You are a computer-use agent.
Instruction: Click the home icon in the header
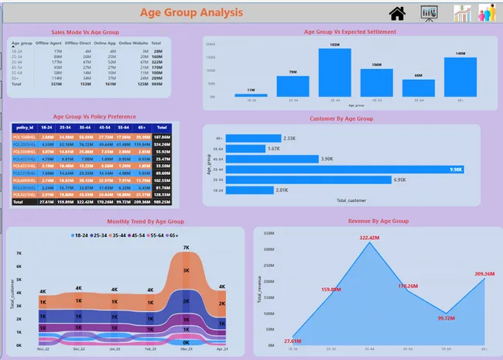(398, 12)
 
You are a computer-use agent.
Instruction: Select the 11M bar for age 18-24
(251, 95)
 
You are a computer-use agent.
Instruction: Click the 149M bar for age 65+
(460, 77)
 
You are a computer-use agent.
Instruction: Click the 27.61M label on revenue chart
(293, 341)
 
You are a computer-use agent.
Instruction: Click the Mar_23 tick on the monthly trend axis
(186, 349)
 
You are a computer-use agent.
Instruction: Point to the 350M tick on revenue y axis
(269, 231)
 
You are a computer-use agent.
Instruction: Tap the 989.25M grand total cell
(162, 201)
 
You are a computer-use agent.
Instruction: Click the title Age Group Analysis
(191, 12)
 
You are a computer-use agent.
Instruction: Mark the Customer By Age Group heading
(340, 118)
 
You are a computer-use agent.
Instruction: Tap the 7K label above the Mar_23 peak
(186, 248)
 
